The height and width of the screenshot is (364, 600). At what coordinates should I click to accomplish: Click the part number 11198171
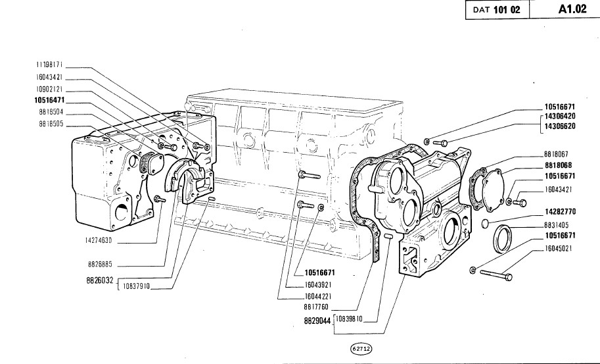[49, 65]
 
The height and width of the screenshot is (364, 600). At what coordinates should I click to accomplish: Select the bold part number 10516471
[49, 101]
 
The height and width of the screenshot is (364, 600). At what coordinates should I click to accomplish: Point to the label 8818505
[51, 124]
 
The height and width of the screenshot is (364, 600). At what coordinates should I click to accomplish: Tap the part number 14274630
[99, 241]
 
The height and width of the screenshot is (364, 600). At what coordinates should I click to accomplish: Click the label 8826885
[100, 265]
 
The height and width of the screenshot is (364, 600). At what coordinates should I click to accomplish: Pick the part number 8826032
[100, 280]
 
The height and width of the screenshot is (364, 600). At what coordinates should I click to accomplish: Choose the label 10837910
[136, 286]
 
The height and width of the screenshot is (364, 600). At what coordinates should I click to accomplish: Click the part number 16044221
[318, 296]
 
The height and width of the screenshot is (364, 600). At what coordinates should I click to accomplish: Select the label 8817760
[316, 307]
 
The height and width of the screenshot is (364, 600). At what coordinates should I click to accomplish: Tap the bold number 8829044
[317, 321]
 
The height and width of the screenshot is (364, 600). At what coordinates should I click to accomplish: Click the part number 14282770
[560, 211]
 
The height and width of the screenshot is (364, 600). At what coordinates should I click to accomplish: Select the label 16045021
[559, 248]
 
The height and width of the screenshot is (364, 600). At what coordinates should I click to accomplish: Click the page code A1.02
[572, 9]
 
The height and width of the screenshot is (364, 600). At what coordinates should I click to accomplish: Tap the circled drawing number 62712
[361, 349]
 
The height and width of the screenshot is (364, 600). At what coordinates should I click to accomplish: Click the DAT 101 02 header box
[497, 10]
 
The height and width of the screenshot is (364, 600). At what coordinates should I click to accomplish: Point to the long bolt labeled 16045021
[496, 274]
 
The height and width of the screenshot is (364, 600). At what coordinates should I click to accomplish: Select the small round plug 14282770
[485, 223]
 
